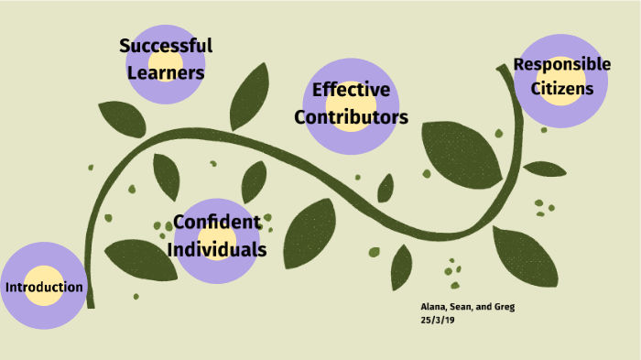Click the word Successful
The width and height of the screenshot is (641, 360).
point(165,46)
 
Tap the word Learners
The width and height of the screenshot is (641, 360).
point(165,71)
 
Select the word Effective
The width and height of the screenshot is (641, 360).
point(351,91)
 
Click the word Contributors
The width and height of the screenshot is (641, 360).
point(351,118)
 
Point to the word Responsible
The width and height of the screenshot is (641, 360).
point(561,64)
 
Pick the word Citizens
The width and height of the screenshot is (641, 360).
point(561,89)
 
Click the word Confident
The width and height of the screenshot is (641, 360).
point(217,222)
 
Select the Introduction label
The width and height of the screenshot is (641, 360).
point(44,288)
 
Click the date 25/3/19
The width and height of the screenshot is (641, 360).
point(438,321)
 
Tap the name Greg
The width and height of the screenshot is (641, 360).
point(503,307)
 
